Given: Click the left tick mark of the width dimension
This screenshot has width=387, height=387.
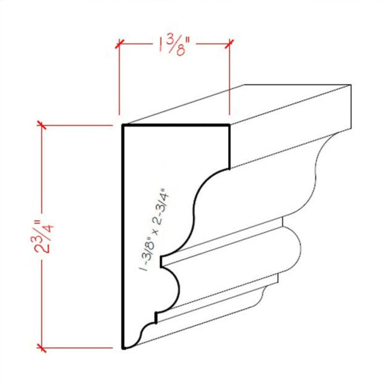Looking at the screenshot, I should (119, 45).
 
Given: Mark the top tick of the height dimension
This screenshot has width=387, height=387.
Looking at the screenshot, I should (43, 127).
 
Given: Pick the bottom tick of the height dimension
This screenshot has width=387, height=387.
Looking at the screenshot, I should (43, 347).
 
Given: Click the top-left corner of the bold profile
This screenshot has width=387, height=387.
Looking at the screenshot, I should (122, 126).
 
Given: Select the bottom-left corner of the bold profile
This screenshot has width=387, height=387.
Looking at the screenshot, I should (122, 347).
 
